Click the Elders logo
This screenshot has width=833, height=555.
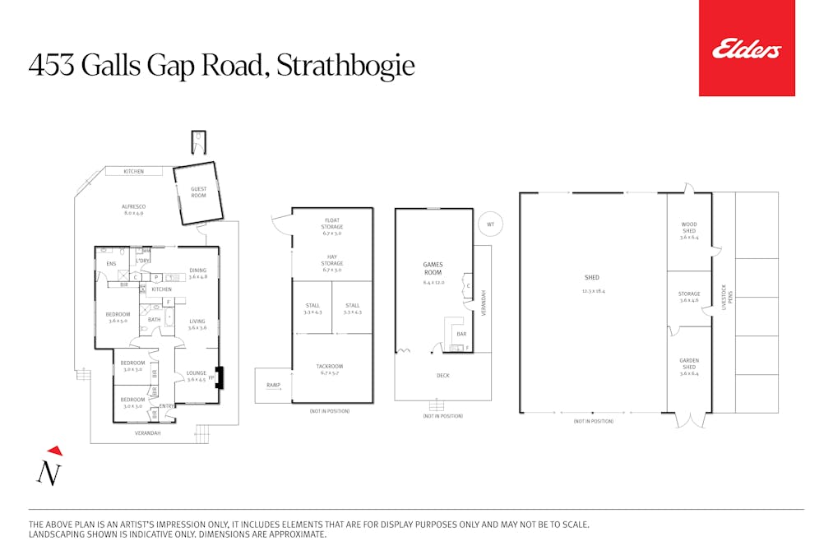[x=747, y=49]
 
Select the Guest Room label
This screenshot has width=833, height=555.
[x=198, y=192]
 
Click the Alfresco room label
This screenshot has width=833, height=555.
[x=133, y=210]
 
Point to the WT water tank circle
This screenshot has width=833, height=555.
[x=490, y=224]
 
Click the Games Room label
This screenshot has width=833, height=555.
[x=433, y=269]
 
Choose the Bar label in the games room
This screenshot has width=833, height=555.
[x=461, y=335]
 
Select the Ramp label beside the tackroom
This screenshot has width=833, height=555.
[x=273, y=385]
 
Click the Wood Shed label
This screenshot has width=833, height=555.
[x=688, y=227]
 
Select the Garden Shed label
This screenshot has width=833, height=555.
[x=688, y=363]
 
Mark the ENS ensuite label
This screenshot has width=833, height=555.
[x=111, y=264]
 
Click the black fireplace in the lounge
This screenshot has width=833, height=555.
[x=218, y=377]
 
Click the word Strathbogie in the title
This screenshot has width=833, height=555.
[x=345, y=66]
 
